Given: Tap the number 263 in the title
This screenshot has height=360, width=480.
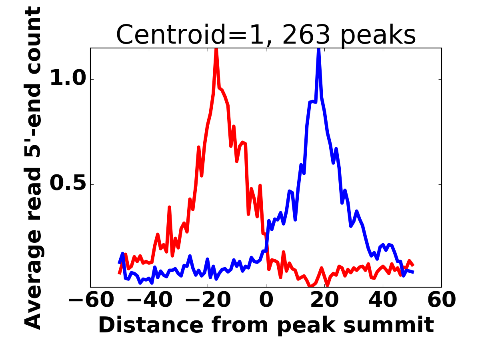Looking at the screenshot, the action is click(306, 35).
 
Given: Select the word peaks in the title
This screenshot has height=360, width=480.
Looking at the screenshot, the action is click(378, 36).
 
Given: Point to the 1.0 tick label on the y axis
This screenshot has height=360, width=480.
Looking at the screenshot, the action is click(68, 78).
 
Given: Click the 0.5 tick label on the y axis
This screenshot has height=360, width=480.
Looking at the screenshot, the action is click(68, 183).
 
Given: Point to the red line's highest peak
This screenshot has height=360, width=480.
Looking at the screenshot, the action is click(216, 49).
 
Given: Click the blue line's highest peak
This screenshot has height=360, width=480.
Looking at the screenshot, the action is click(319, 49).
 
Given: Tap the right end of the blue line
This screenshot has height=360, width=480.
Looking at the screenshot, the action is click(414, 272).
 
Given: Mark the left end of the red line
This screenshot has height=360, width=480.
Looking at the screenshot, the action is click(119, 274).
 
